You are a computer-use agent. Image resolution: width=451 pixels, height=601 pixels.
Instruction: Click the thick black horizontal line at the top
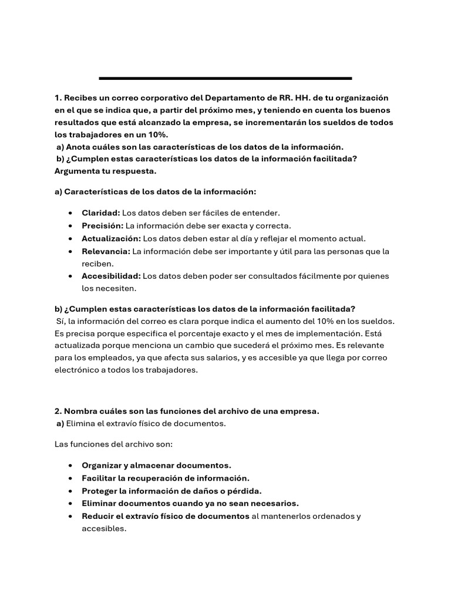225,78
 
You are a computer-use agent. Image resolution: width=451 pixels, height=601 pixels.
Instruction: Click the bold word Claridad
100,213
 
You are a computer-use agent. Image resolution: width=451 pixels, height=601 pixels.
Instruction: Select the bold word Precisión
102,225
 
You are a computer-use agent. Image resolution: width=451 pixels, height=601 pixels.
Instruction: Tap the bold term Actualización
111,238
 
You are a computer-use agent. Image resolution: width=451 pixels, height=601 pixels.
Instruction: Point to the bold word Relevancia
106,251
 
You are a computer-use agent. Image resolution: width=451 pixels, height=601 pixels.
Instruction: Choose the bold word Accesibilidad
111,276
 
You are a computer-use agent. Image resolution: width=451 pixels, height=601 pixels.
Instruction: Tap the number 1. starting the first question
58,97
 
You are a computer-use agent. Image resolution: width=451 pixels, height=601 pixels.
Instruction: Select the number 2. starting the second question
58,411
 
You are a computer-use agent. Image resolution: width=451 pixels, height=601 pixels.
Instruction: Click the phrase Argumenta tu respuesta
106,171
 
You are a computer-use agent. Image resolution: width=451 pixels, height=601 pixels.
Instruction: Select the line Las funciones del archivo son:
106,444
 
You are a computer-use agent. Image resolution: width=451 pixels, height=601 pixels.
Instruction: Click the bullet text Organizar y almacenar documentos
156,465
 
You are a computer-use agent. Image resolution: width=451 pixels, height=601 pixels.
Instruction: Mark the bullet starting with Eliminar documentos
190,503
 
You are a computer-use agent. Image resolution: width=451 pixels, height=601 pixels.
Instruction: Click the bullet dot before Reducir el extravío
70,516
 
